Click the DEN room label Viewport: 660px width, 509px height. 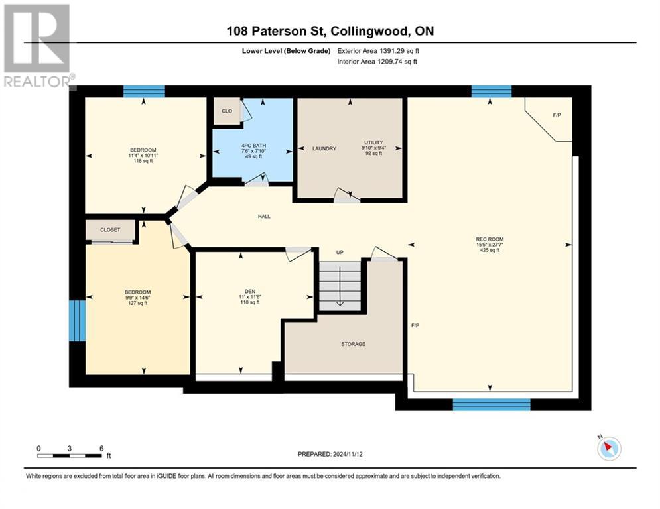(x=250, y=291)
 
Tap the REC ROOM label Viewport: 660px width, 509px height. (x=490, y=239)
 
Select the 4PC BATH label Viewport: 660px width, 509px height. (x=253, y=146)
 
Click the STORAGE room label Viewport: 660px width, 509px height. (x=353, y=344)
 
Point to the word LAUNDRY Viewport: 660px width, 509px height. (x=324, y=148)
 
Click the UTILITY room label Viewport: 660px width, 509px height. (x=373, y=142)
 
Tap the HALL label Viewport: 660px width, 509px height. (x=264, y=216)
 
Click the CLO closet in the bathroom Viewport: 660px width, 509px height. (x=227, y=111)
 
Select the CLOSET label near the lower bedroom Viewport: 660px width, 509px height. (x=110, y=230)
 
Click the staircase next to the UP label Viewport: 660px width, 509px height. (x=340, y=286)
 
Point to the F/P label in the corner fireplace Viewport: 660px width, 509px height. (x=557, y=115)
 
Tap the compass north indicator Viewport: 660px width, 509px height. (x=609, y=448)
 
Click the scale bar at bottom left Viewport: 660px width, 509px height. (x=70, y=455)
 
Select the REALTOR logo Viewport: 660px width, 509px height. (x=38, y=46)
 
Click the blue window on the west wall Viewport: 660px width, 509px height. (x=78, y=321)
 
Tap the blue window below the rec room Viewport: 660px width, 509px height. (x=492, y=404)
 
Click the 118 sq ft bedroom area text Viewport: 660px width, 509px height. (x=143, y=160)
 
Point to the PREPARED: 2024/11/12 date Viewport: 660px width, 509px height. (x=330, y=454)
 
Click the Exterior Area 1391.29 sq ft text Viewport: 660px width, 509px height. (x=378, y=51)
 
